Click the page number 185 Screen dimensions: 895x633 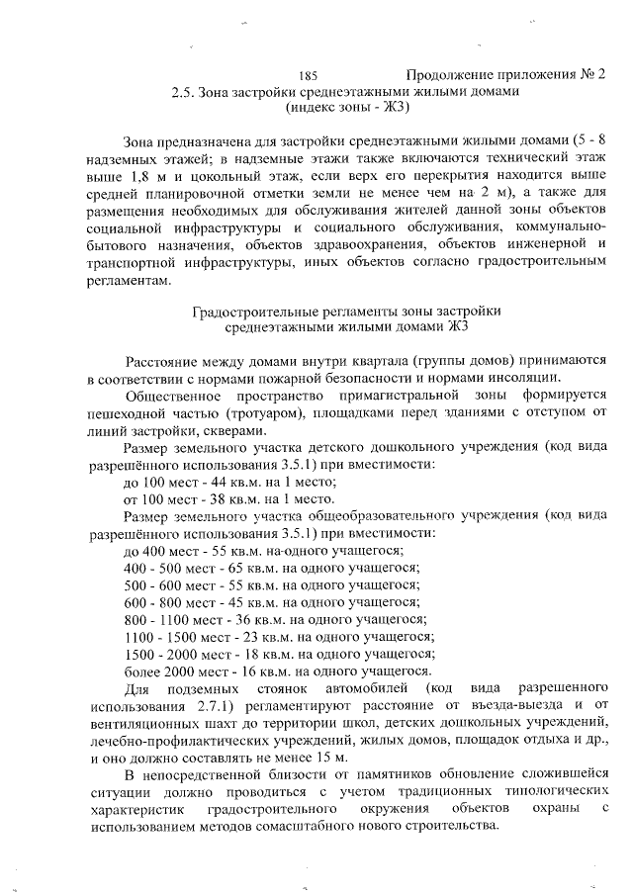(307, 75)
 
